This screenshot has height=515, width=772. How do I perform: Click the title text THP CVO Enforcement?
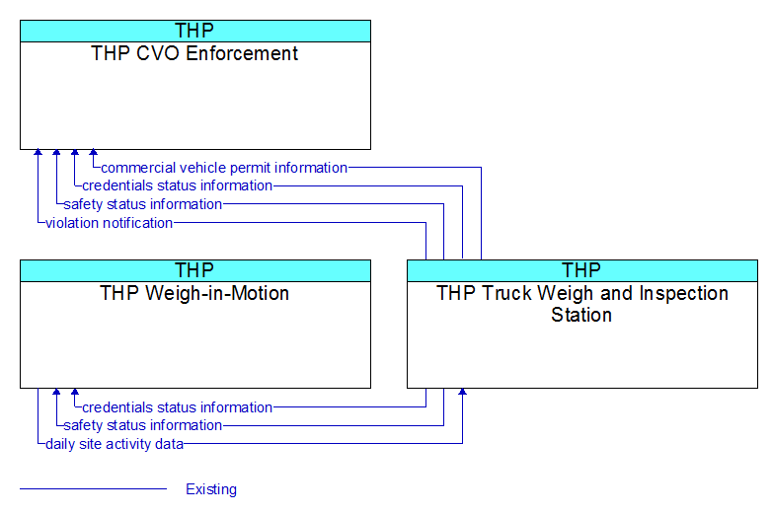pyautogui.click(x=194, y=53)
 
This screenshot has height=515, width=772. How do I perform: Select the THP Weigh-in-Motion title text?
pyautogui.click(x=194, y=293)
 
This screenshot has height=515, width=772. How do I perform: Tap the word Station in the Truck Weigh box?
pyautogui.click(x=581, y=315)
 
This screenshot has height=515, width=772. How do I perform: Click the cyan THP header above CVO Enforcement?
pyautogui.click(x=194, y=31)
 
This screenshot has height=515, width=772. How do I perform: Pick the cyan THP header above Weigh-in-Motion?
pyautogui.click(x=194, y=270)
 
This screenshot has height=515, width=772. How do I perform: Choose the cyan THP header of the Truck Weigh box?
pyautogui.click(x=581, y=270)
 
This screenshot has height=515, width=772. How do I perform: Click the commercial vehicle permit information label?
pyautogui.click(x=224, y=168)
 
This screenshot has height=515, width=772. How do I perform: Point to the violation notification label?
pyautogui.click(x=110, y=223)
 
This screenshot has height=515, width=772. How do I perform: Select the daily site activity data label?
pyautogui.click(x=115, y=444)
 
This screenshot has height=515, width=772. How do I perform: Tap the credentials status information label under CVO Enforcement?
pyautogui.click(x=178, y=185)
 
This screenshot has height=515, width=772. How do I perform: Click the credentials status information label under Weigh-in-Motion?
pyautogui.click(x=178, y=407)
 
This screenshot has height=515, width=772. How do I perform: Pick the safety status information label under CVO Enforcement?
pyautogui.click(x=143, y=204)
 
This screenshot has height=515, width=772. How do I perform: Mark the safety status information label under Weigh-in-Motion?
pyautogui.click(x=143, y=425)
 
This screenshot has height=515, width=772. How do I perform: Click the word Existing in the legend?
pyautogui.click(x=211, y=489)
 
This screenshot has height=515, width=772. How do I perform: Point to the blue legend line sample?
pyautogui.click(x=93, y=489)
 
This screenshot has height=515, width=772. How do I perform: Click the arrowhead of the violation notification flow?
pyautogui.click(x=38, y=153)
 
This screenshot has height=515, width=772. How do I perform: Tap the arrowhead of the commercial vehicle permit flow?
pyautogui.click(x=93, y=153)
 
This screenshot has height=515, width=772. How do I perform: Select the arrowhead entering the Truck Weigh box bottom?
pyautogui.click(x=462, y=392)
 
